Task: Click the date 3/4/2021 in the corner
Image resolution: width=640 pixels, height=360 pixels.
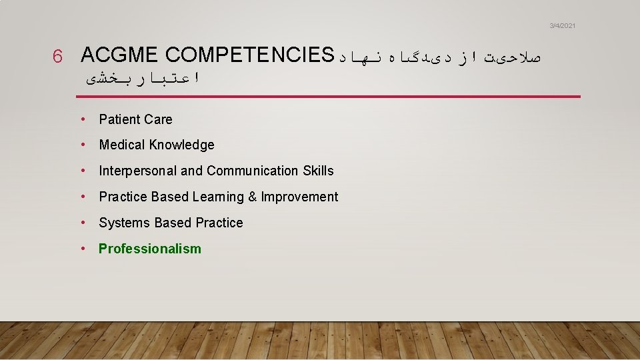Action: [x=562, y=25]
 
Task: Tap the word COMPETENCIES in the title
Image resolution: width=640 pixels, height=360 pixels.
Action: [x=247, y=55]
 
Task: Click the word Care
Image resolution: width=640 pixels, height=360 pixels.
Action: [x=157, y=120]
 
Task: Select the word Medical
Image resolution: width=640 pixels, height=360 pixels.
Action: [x=122, y=145]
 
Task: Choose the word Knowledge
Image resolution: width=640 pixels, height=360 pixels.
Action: [x=182, y=145]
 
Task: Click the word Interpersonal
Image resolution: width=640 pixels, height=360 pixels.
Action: [x=138, y=171]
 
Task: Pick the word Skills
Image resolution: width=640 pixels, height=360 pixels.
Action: [x=318, y=171]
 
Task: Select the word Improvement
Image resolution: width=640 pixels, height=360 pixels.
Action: [x=299, y=197]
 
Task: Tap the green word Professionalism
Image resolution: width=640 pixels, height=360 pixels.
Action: [x=149, y=249]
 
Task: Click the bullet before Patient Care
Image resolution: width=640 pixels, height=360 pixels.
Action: [x=83, y=119]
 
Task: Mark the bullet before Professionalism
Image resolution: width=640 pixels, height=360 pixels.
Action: [x=83, y=249]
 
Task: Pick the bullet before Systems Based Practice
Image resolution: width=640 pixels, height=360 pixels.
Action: [x=83, y=223]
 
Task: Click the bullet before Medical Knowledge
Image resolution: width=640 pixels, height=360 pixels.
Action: [x=83, y=145]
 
